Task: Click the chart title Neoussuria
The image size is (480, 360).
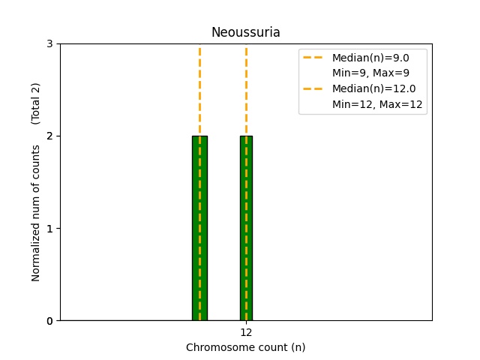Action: tap(245, 32)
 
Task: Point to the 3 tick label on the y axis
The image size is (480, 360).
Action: tap(50, 43)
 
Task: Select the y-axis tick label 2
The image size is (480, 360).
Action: tap(50, 136)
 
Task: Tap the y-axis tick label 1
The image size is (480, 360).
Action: tap(50, 228)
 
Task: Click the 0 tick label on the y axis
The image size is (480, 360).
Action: tap(50, 321)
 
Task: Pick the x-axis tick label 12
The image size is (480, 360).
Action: tap(246, 332)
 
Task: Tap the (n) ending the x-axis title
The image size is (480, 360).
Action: tap(298, 347)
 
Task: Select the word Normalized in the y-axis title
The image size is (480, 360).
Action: tap(35, 256)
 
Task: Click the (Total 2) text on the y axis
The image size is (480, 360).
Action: tap(35, 103)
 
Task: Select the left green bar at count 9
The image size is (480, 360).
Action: tap(200, 228)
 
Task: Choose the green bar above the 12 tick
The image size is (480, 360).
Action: tap(247, 228)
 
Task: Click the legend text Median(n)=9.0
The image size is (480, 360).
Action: tap(370, 58)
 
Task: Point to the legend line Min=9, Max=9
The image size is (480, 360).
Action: tap(370, 73)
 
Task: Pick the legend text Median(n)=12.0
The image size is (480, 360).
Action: tap(374, 88)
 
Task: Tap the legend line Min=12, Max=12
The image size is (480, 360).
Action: tap(377, 104)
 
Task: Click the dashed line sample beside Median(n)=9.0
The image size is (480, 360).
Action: tap(313, 58)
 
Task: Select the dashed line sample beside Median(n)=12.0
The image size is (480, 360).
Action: tap(313, 88)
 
